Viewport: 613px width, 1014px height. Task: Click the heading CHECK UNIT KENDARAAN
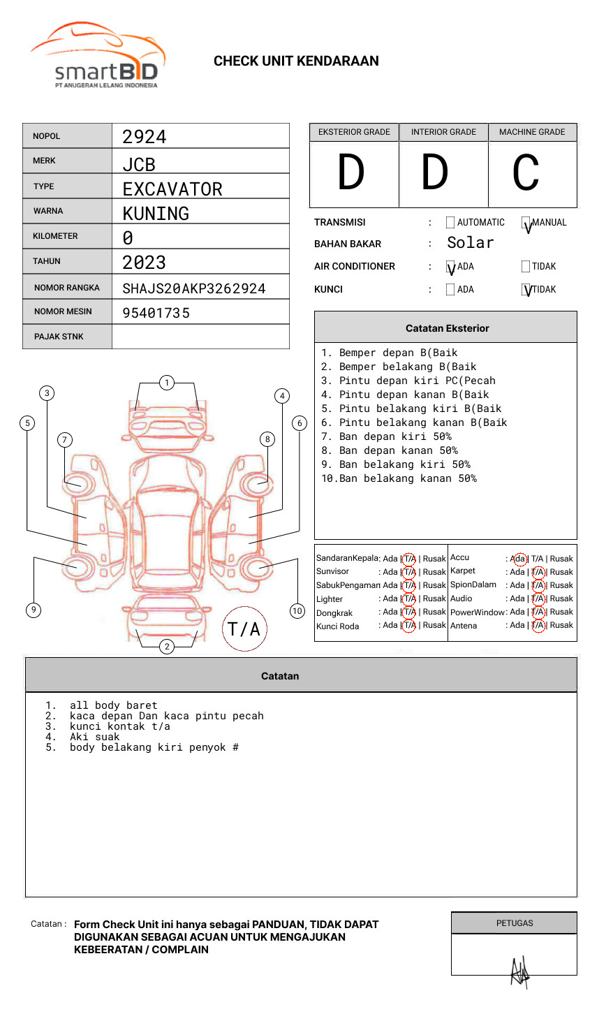click(x=296, y=61)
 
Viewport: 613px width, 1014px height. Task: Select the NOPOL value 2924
click(x=145, y=137)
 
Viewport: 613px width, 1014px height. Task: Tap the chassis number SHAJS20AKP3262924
click(x=194, y=288)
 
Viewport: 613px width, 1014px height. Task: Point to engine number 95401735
click(x=156, y=313)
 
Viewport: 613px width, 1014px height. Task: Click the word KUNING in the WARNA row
click(x=156, y=214)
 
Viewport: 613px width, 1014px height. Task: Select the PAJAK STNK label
click(x=59, y=337)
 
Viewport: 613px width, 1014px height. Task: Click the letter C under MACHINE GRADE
click(x=525, y=173)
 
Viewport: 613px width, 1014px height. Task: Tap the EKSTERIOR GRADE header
click(x=354, y=132)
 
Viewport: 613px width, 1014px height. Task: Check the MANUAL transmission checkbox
click(x=526, y=223)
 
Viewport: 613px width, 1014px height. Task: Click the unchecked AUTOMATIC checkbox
click(x=450, y=223)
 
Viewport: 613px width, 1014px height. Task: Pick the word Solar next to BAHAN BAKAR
click(x=470, y=243)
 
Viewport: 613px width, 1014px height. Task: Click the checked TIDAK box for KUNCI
click(x=526, y=290)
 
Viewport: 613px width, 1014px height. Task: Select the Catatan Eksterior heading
click(x=447, y=328)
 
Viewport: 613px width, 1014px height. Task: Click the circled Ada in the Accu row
click(x=519, y=559)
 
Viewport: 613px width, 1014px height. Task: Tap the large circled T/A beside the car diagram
click(x=244, y=629)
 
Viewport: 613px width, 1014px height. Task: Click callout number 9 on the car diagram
click(x=34, y=610)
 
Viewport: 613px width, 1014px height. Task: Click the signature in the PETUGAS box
click(x=519, y=971)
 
